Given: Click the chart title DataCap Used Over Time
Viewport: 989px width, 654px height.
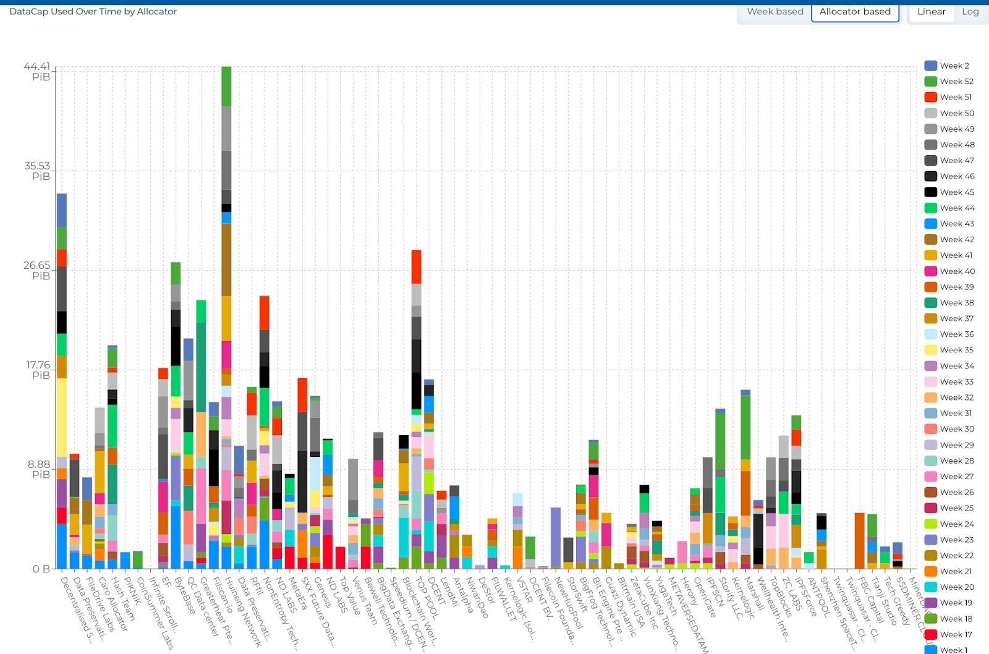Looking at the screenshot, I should [93, 12].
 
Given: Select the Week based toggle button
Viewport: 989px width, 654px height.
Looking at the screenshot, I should [775, 12].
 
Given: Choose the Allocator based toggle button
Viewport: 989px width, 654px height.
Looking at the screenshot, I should [855, 12].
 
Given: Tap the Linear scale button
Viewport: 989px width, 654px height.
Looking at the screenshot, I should [931, 12].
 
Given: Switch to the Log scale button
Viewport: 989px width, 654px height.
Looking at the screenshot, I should [970, 12].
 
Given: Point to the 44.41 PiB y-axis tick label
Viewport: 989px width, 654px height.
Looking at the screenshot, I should [37, 72].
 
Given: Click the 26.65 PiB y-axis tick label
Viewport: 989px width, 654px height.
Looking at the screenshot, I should [37, 271].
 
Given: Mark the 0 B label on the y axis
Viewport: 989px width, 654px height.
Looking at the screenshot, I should [41, 569].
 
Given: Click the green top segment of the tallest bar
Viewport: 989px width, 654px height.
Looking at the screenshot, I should [226, 86].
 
